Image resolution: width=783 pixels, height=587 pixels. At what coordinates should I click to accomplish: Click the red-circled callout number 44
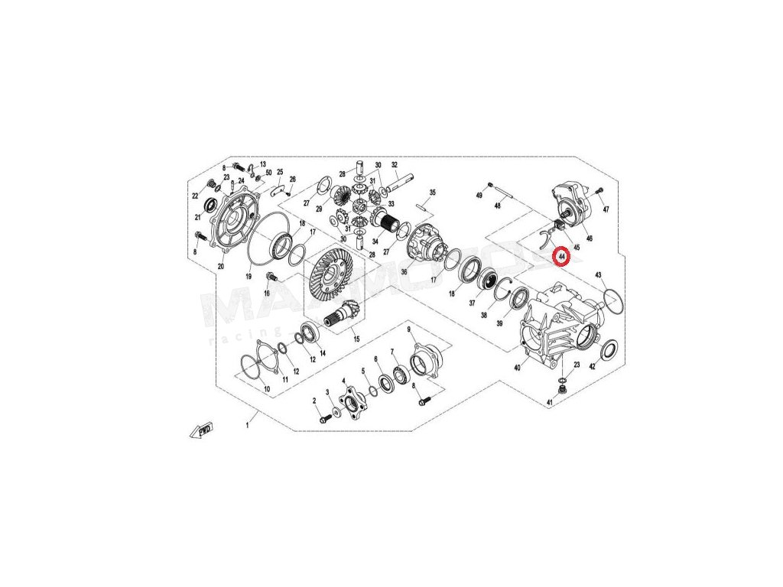tap(562, 256)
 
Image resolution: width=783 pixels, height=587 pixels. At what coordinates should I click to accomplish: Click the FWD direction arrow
tap(200, 431)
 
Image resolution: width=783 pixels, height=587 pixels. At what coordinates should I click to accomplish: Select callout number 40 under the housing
tap(517, 368)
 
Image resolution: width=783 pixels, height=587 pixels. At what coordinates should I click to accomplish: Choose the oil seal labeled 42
tap(610, 351)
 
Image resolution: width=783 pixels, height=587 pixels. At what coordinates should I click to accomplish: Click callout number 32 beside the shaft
tap(395, 165)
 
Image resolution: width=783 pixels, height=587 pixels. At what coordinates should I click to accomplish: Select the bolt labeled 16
tap(270, 275)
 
